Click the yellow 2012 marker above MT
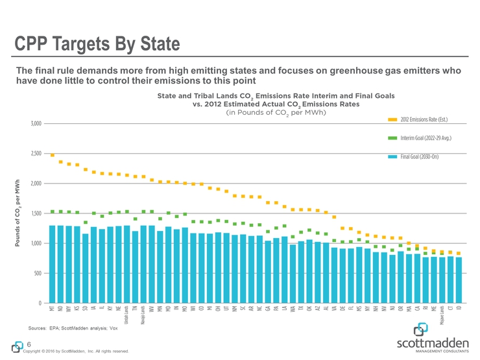(53, 155)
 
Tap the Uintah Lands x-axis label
(127, 315)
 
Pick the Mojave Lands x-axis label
(441, 315)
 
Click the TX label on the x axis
(300, 309)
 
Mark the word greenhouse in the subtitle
(341, 70)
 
